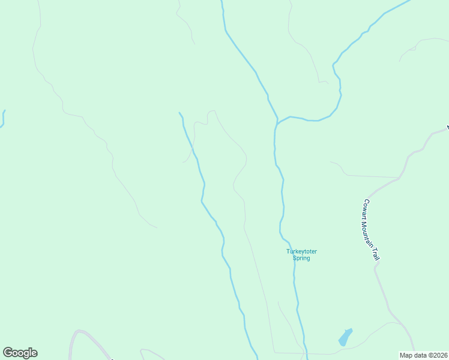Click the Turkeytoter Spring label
[301, 254]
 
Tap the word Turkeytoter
[301, 251]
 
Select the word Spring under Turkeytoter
[301, 258]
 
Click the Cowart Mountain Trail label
[372, 229]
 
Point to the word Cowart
[366, 208]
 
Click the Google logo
[20, 353]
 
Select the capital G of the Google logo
[8, 353]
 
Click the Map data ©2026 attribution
[423, 355]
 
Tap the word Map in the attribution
[406, 355]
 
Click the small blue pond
[345, 337]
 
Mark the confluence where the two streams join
[277, 123]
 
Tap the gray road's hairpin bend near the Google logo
[79, 331]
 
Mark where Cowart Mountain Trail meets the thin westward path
[399, 178]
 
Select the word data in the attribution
[418, 355]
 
